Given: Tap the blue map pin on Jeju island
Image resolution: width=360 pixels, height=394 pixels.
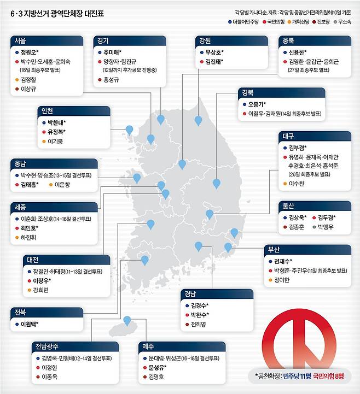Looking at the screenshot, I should click(x=127, y=321).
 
